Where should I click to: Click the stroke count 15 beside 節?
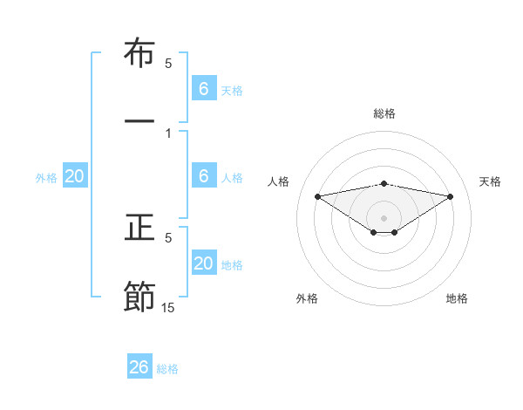click(x=168, y=307)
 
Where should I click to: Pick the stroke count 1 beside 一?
click(x=168, y=133)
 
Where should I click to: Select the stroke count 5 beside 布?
click(x=168, y=64)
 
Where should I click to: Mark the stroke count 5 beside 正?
click(x=168, y=237)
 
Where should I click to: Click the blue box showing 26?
click(x=139, y=367)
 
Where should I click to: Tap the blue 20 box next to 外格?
click(x=75, y=176)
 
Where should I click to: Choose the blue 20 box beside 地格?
click(x=204, y=263)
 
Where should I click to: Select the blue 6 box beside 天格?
click(x=204, y=89)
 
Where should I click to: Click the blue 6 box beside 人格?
click(x=204, y=176)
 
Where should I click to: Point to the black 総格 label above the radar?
click(x=384, y=113)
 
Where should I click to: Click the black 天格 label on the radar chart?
click(x=491, y=181)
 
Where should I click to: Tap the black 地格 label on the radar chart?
click(x=457, y=298)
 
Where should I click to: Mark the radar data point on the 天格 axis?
click(x=451, y=196)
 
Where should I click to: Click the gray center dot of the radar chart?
click(x=384, y=217)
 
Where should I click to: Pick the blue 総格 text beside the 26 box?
click(x=167, y=369)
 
